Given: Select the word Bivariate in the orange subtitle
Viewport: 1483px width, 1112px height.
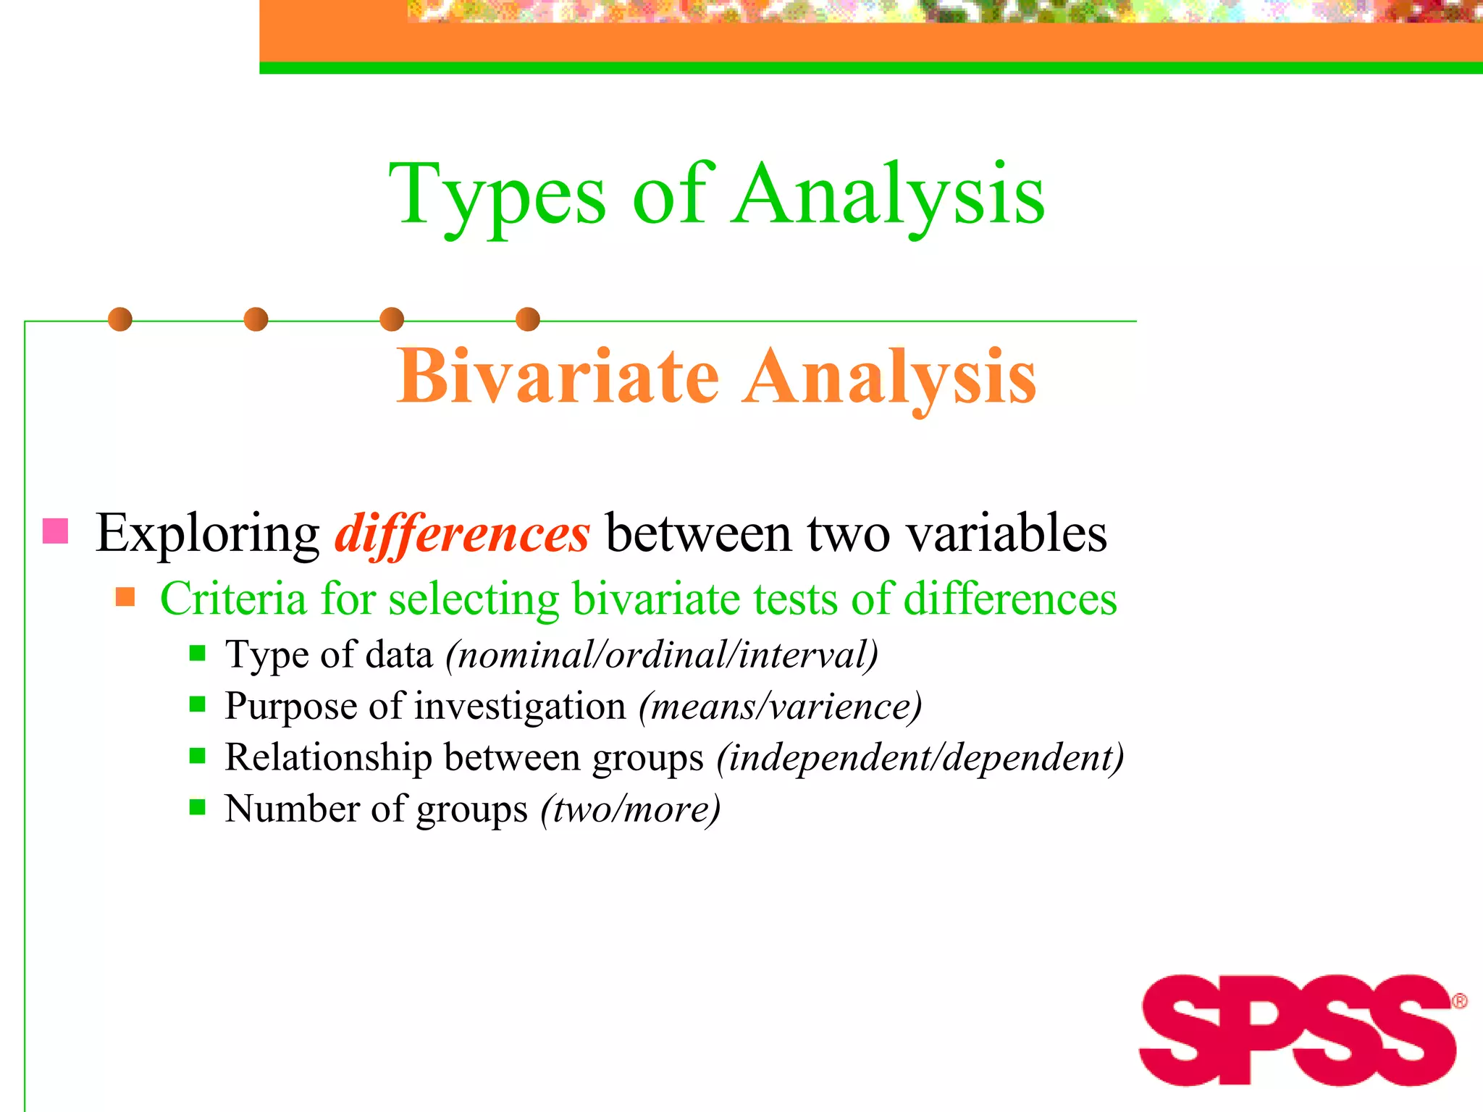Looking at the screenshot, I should (x=558, y=376).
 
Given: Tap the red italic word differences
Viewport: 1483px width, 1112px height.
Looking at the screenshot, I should (x=462, y=534).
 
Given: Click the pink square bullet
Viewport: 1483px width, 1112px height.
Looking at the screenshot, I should (x=56, y=531).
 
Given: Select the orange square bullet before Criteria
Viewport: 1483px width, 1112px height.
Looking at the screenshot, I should (x=125, y=597).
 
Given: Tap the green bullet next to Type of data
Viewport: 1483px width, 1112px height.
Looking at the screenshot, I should (x=197, y=654).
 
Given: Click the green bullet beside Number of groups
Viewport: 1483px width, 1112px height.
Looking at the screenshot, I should (x=197, y=807).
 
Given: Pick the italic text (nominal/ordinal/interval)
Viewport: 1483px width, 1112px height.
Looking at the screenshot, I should (x=662, y=655).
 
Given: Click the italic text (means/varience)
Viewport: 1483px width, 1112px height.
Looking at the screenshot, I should (x=780, y=707).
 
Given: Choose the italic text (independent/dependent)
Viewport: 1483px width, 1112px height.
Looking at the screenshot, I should (x=920, y=758).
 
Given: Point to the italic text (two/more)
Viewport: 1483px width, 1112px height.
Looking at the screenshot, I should (x=630, y=809).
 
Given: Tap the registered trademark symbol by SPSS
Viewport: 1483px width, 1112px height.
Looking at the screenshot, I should (x=1460, y=1001).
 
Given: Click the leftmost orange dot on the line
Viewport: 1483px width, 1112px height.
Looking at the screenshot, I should (x=120, y=319).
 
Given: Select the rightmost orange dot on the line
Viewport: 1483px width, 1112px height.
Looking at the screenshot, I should (x=528, y=319).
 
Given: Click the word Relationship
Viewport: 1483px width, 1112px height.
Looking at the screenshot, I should (x=328, y=758).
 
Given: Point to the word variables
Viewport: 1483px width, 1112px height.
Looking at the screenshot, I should (x=1007, y=534).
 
